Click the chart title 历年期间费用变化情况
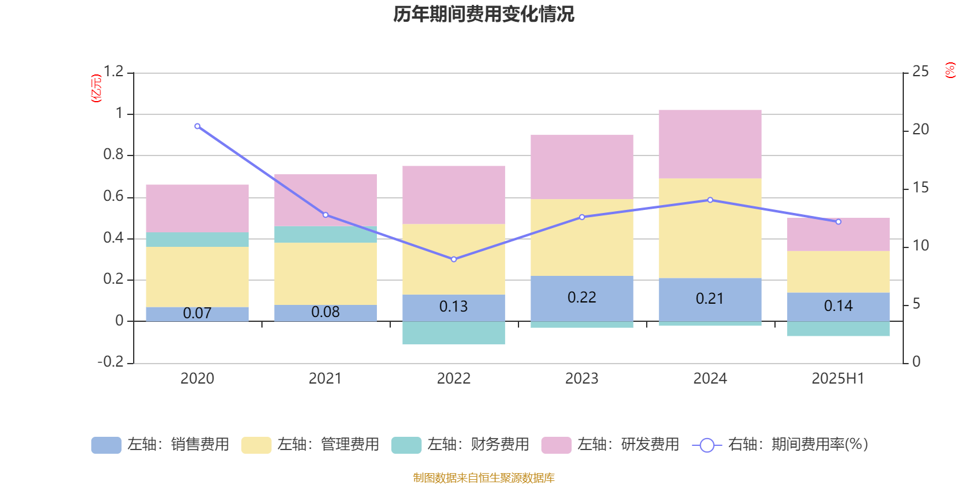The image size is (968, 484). click(x=484, y=15)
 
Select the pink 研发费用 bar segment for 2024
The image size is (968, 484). click(x=710, y=144)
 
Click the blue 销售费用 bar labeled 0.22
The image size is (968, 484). click(x=581, y=298)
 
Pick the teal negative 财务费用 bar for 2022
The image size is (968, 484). click(x=453, y=333)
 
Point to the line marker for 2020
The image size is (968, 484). click(x=197, y=126)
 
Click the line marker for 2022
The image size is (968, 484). click(x=454, y=259)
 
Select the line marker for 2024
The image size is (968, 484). click(x=710, y=200)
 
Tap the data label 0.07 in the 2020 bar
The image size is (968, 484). click(x=197, y=313)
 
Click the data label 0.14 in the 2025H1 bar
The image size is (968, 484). click(x=838, y=306)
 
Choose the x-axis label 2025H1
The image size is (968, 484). click(x=838, y=379)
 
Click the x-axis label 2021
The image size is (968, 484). click(x=325, y=379)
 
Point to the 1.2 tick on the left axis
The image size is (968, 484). click(x=113, y=72)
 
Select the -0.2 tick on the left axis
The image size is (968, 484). click(x=111, y=362)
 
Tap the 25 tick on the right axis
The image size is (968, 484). click(x=920, y=72)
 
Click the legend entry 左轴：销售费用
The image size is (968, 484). click(x=160, y=445)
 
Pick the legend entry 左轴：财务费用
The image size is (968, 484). click(x=460, y=445)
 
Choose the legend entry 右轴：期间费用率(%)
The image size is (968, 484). click(x=780, y=445)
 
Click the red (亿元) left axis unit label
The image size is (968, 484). click(x=96, y=88)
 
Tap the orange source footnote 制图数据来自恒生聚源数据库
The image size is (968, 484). click(x=484, y=478)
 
